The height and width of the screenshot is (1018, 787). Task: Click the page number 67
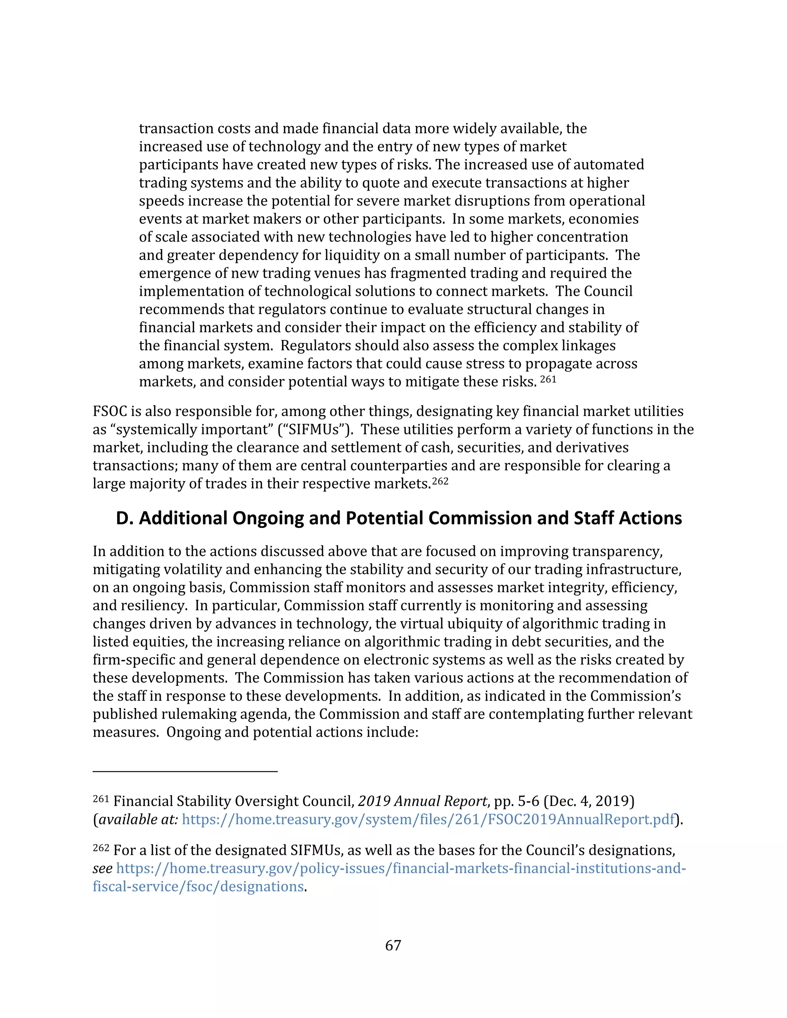(393, 945)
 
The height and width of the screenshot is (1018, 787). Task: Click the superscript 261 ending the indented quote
(548, 380)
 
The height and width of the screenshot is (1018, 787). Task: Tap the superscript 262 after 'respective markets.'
(440, 481)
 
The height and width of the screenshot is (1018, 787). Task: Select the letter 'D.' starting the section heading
(125, 518)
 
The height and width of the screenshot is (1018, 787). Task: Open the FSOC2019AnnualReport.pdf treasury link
(428, 819)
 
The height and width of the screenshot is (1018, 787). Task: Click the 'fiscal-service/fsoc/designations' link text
(198, 886)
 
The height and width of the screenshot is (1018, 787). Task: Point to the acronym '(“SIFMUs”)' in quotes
(317, 429)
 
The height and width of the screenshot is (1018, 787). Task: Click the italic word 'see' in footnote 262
(102, 869)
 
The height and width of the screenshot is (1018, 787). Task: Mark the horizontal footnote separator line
(185, 772)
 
